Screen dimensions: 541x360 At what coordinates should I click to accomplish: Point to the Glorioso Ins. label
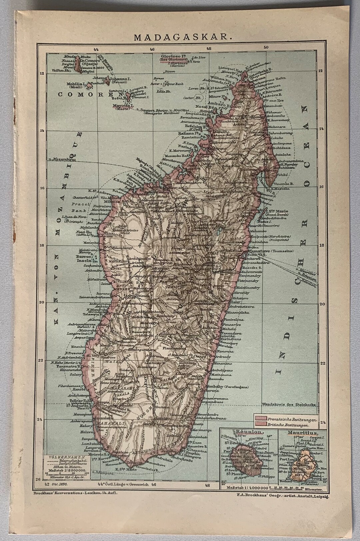click(x=173, y=57)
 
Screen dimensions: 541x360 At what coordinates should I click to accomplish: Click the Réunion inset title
click(x=250, y=432)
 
